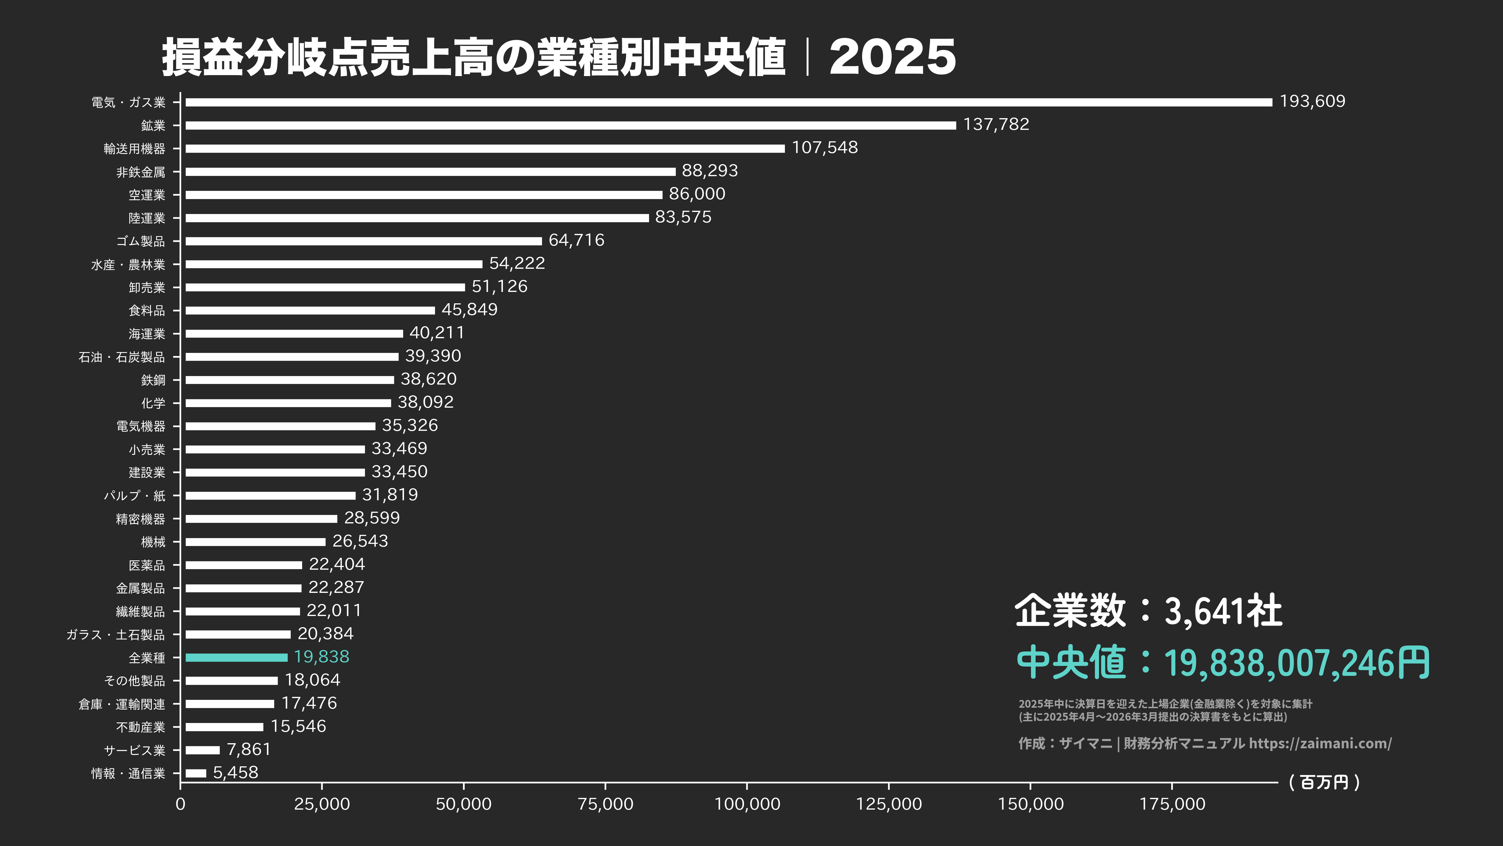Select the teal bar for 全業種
click(236, 657)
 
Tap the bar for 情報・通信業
click(196, 773)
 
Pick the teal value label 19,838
click(321, 657)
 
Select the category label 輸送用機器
click(134, 149)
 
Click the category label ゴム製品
click(141, 241)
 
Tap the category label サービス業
click(134, 750)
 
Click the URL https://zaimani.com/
click(1320, 743)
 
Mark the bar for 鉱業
click(571, 125)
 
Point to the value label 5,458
click(235, 772)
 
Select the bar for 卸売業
click(325, 287)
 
